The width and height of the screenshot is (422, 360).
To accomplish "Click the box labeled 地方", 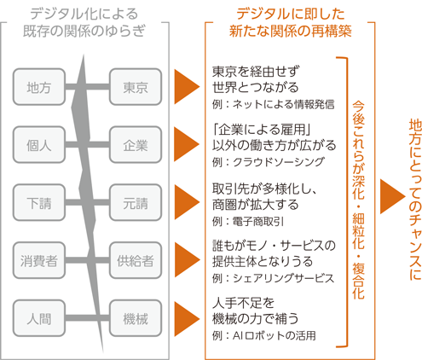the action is pos(39,87).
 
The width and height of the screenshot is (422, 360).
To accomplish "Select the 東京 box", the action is pos(136,87).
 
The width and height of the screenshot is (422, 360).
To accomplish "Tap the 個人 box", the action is pos(39,145).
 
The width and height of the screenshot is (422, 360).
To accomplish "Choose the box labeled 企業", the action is pos(136,145).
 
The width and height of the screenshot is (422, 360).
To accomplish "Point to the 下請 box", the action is pos(39,202).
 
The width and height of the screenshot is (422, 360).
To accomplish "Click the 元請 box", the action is pos(136,202).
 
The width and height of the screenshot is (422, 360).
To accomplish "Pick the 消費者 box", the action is pos(39,260).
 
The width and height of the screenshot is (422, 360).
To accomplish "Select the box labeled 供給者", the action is pos(136,260).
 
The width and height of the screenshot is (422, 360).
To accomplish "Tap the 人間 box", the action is pos(39,318).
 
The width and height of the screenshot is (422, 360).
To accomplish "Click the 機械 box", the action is pos(136,318).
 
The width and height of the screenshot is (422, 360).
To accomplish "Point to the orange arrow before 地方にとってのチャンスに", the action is pos(392,196).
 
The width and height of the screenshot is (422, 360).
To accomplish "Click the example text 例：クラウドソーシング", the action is pos(268,162).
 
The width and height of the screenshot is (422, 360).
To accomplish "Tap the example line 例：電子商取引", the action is pos(248,221).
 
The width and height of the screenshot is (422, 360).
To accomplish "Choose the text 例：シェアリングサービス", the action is pos(273,278).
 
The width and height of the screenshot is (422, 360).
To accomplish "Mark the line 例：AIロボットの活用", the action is pos(263,335).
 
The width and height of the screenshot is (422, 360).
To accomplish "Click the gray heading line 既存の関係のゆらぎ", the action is pos(84,31).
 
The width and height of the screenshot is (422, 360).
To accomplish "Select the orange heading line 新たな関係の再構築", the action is pos(291,31).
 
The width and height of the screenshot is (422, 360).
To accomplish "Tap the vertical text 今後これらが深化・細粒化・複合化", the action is pos(358,200).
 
